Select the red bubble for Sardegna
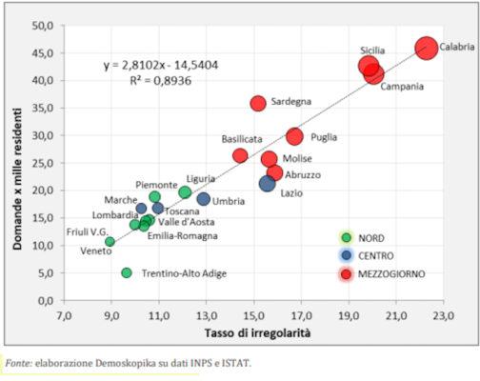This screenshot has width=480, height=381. pos(258,103)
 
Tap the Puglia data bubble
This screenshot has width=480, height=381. pos(294,136)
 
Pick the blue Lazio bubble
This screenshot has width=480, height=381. pos(268,183)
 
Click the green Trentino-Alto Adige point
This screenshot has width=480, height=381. pos(127,272)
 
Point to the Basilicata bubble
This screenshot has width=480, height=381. pos(240,155)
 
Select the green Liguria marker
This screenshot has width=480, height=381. pos(185,192)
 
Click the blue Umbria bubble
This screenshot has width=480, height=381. pos(204,199)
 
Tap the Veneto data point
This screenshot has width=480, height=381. pos(110,242)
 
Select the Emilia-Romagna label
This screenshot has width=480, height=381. pos(182,235)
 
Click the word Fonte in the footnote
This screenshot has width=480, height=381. pos(17,363)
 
